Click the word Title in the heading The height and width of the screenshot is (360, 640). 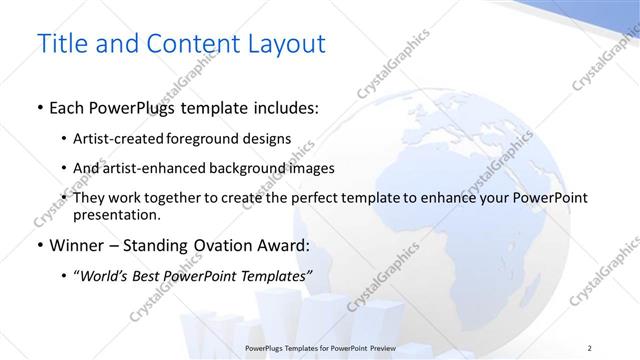pos(60,44)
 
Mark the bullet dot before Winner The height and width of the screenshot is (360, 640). pos(39,245)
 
